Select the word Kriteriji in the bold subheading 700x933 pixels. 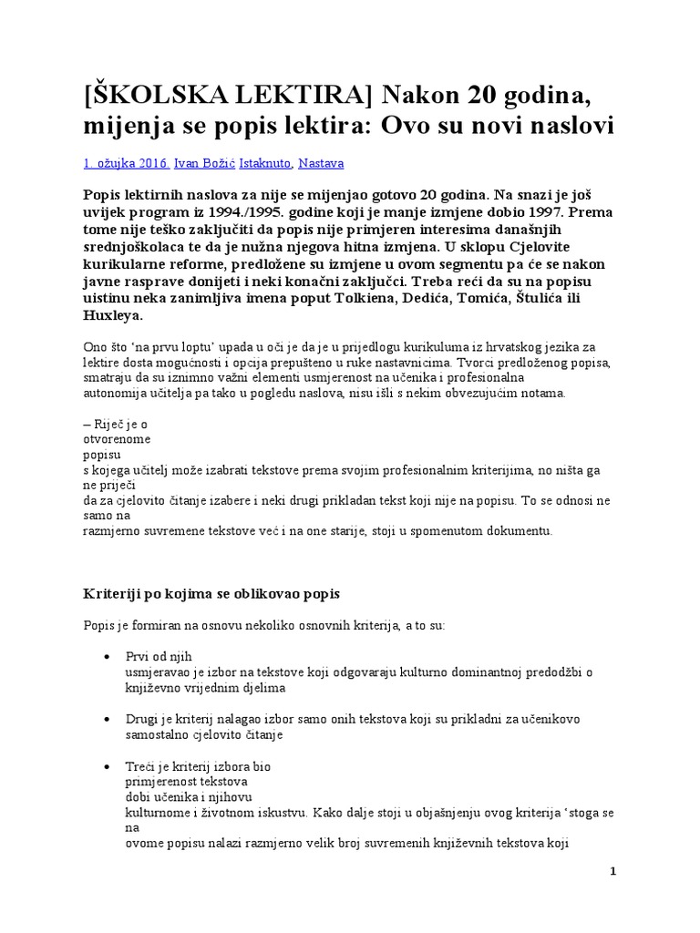[113, 594]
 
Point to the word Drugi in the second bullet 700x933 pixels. [142, 720]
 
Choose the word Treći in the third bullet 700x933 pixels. [141, 767]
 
